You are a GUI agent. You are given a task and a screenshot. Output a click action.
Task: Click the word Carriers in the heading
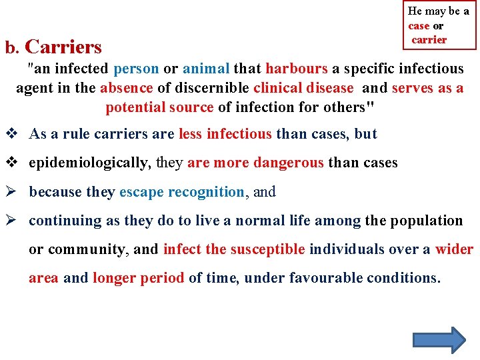pyautogui.click(x=63, y=47)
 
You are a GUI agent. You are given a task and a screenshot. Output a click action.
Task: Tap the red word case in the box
pyautogui.click(x=419, y=26)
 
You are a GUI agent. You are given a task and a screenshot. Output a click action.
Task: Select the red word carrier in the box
pyautogui.click(x=429, y=40)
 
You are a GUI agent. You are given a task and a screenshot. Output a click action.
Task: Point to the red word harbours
pyautogui.click(x=296, y=69)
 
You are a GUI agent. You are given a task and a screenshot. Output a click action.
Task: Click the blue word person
pyautogui.click(x=136, y=69)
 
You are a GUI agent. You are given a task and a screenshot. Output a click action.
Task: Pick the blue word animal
pyautogui.click(x=206, y=69)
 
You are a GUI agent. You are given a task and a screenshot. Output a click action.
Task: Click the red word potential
pyautogui.click(x=135, y=107)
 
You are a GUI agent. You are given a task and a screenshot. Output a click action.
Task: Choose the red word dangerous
pyautogui.click(x=288, y=163)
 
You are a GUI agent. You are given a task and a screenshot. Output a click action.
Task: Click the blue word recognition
pyautogui.click(x=206, y=192)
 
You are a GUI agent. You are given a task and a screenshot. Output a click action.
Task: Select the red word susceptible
pyautogui.click(x=267, y=249)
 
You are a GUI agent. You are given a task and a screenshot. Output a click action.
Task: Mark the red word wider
pyautogui.click(x=454, y=249)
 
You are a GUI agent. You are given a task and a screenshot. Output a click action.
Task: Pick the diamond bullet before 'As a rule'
pyautogui.click(x=11, y=134)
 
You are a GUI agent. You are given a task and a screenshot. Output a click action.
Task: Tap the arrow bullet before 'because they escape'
pyautogui.click(x=11, y=192)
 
